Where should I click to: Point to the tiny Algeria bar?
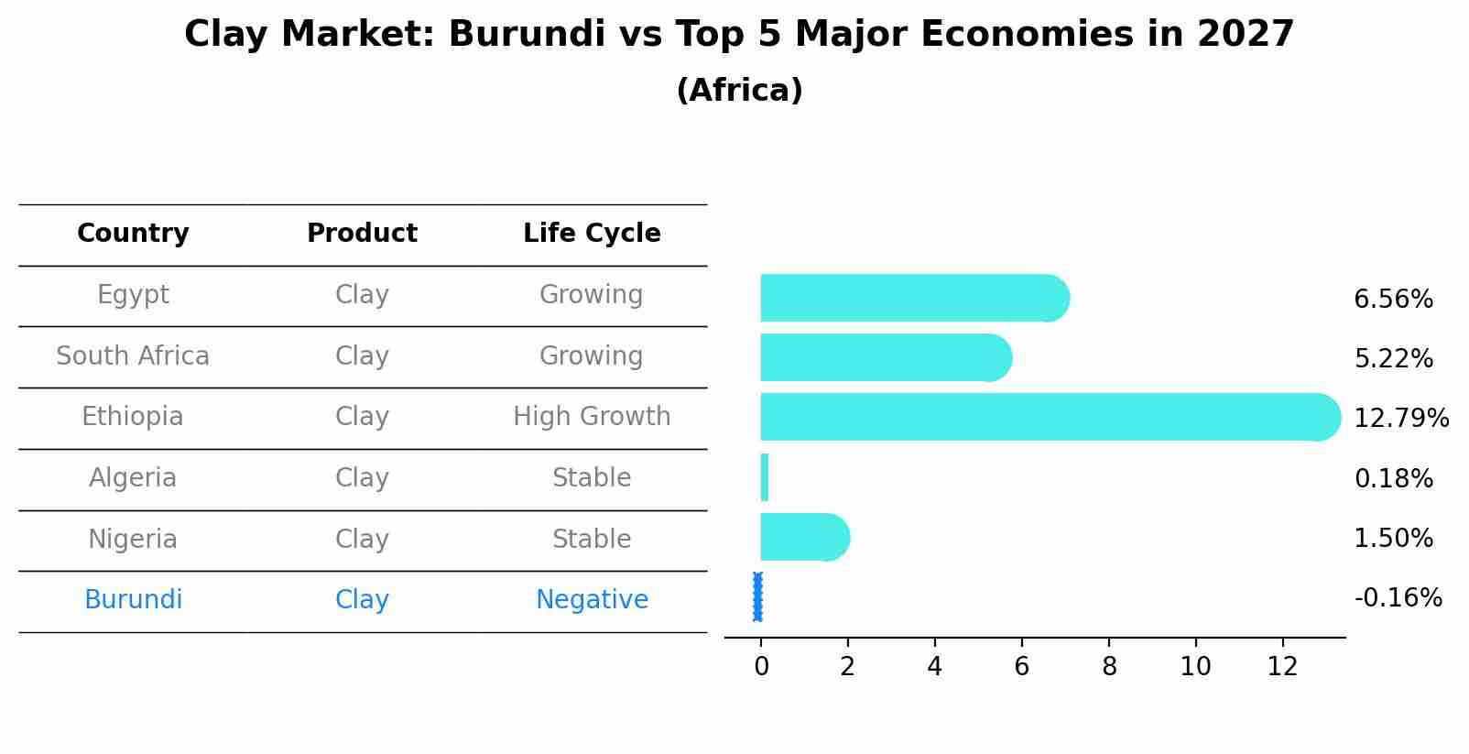765,477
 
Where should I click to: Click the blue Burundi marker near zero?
757,596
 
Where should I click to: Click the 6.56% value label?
1393,300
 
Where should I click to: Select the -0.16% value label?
1398,598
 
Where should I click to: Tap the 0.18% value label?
1393,478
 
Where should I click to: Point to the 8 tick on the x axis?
1109,667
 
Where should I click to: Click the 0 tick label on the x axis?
761,667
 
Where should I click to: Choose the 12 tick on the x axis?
1282,667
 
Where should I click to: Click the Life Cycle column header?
592,234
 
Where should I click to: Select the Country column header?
133,234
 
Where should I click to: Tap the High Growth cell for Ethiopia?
592,417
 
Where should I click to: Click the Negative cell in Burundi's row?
592,600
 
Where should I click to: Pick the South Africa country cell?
133,356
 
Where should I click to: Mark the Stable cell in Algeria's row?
592,478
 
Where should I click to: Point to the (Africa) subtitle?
739,91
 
